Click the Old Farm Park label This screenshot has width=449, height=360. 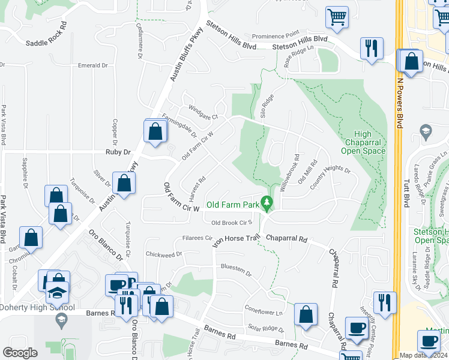pos(233,205)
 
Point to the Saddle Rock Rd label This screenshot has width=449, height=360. pos(46,43)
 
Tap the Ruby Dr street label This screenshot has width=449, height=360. pos(118,152)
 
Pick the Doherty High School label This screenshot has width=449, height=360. pos(37,308)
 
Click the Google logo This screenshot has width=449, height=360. pos(20,353)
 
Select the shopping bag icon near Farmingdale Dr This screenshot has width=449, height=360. pos(155,131)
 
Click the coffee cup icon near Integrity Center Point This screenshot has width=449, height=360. pos(357,328)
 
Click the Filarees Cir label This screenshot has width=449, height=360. pos(197,238)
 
